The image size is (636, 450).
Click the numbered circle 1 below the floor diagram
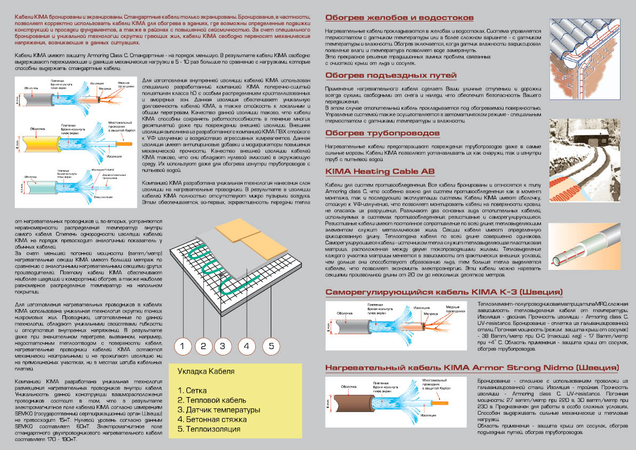click(x=183, y=346)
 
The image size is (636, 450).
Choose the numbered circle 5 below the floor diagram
click(x=271, y=346)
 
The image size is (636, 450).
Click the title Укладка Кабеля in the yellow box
click(x=206, y=372)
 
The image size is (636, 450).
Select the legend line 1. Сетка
click(x=192, y=391)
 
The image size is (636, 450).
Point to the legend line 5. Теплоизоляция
click(x=209, y=429)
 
